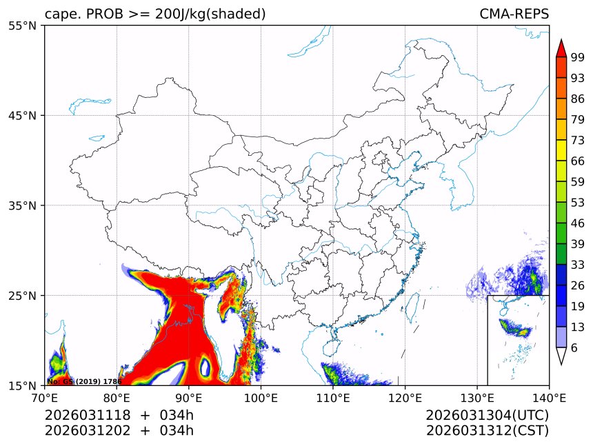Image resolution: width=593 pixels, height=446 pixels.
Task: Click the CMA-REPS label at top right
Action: click(514, 14)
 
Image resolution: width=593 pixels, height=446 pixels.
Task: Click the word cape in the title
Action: click(59, 14)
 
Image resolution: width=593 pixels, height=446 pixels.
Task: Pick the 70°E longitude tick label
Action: click(45, 398)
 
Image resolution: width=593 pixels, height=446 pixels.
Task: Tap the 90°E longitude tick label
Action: click(189, 398)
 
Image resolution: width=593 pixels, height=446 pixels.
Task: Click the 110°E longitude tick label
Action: click(333, 398)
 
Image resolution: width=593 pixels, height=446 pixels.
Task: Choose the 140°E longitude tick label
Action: click(549, 398)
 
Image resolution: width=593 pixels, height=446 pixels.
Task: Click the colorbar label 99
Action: click(578, 58)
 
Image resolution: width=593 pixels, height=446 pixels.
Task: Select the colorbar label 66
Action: click(578, 161)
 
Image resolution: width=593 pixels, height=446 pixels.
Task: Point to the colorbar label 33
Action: click(578, 265)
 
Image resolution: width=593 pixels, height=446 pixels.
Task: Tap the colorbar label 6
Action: click(574, 347)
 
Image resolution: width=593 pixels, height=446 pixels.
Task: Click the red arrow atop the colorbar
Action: click(561, 48)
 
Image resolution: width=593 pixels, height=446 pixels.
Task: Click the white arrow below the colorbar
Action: click(561, 356)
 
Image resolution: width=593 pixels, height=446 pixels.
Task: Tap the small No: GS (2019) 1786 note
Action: click(84, 381)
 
